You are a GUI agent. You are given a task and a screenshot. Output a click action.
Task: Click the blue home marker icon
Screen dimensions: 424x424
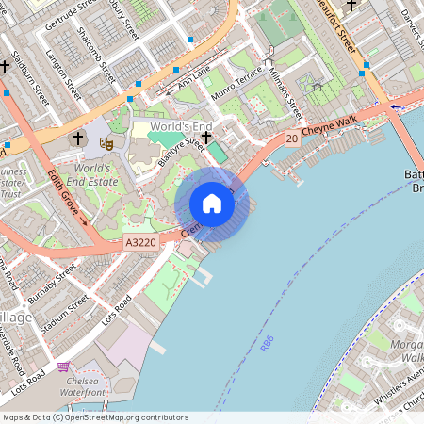212,204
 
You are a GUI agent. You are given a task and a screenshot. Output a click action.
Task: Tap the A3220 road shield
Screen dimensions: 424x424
140,242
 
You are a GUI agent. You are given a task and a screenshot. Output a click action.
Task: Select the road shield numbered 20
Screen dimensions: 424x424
292,139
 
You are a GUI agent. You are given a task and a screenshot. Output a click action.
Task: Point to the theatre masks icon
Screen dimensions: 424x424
106,142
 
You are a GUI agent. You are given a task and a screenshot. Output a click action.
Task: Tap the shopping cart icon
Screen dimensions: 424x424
63,367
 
